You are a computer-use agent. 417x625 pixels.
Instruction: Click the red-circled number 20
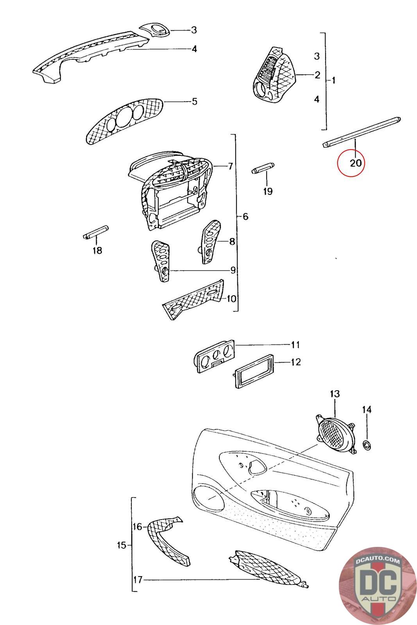(356, 162)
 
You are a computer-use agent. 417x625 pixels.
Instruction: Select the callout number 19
(268, 191)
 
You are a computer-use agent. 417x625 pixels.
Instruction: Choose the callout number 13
(335, 393)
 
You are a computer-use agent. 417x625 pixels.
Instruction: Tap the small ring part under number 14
(367, 445)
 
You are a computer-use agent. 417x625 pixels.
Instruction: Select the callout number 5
(195, 102)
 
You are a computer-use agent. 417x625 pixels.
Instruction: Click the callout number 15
(122, 545)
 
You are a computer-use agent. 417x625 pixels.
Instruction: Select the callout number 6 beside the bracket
(245, 216)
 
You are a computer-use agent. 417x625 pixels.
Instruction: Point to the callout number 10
(231, 299)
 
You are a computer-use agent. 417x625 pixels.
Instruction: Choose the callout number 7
(231, 166)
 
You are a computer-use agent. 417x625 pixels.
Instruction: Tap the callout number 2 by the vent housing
(317, 75)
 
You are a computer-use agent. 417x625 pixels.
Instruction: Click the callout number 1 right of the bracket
(333, 80)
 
